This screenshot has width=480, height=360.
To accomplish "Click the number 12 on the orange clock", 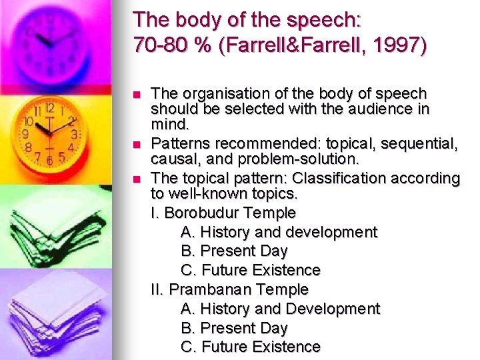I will pos(49,107).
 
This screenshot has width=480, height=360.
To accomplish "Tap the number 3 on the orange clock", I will pos(74,134).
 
